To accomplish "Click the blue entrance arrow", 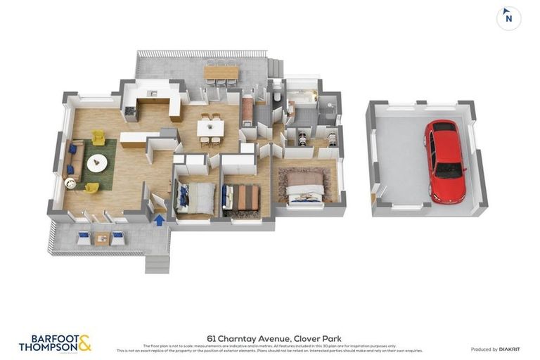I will coord(160,220).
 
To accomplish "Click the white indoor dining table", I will coord(210,128).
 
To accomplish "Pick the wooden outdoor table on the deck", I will coord(221,72).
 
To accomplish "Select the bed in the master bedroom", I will coord(306,187).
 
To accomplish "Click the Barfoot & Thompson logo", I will coord(55,343).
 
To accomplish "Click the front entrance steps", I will coord(157,264).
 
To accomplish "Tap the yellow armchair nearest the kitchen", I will coord(98,138).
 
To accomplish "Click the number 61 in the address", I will coord(211,338).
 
